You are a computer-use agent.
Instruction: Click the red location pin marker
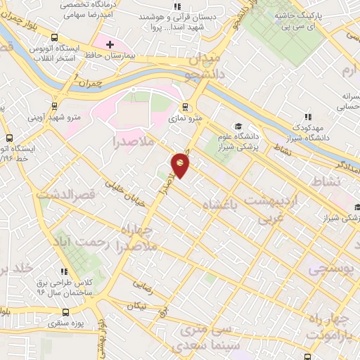click(181, 165)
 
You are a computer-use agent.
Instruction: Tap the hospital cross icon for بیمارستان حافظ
click(109, 45)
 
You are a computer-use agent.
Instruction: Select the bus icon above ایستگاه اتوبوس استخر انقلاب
click(54, 38)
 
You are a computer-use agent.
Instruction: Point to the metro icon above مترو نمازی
click(186, 108)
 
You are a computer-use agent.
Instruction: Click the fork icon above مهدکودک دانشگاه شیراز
click(307, 117)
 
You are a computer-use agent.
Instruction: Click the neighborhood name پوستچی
click(328, 269)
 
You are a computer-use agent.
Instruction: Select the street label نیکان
click(136, 306)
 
